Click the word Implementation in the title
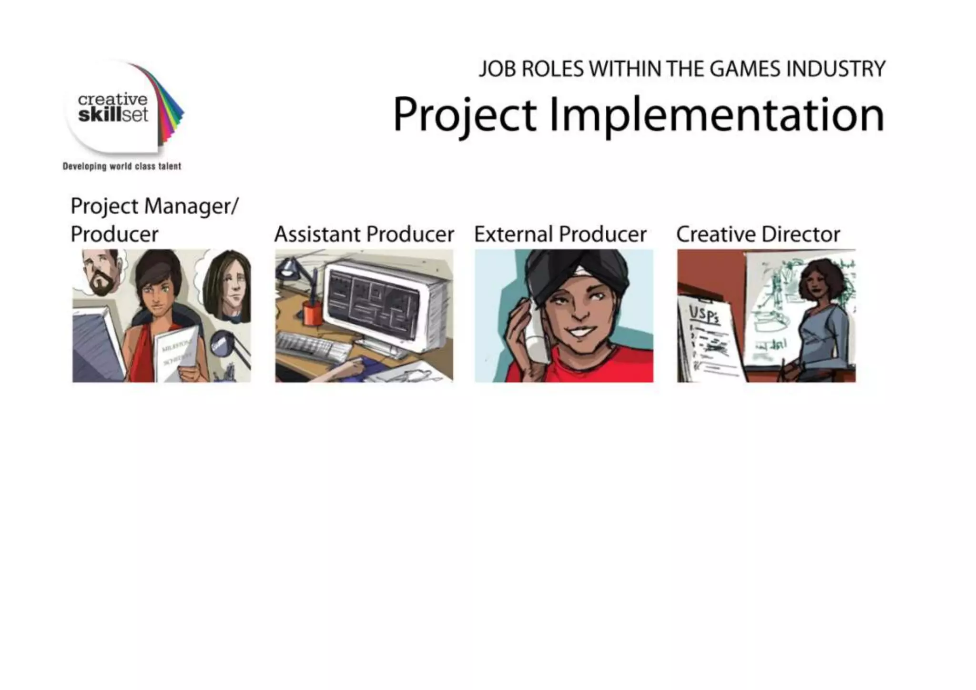717,115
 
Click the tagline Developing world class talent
122,166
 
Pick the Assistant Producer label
364,234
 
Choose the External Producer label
560,234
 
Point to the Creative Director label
758,234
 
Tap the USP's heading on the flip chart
704,315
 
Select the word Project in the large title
465,115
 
